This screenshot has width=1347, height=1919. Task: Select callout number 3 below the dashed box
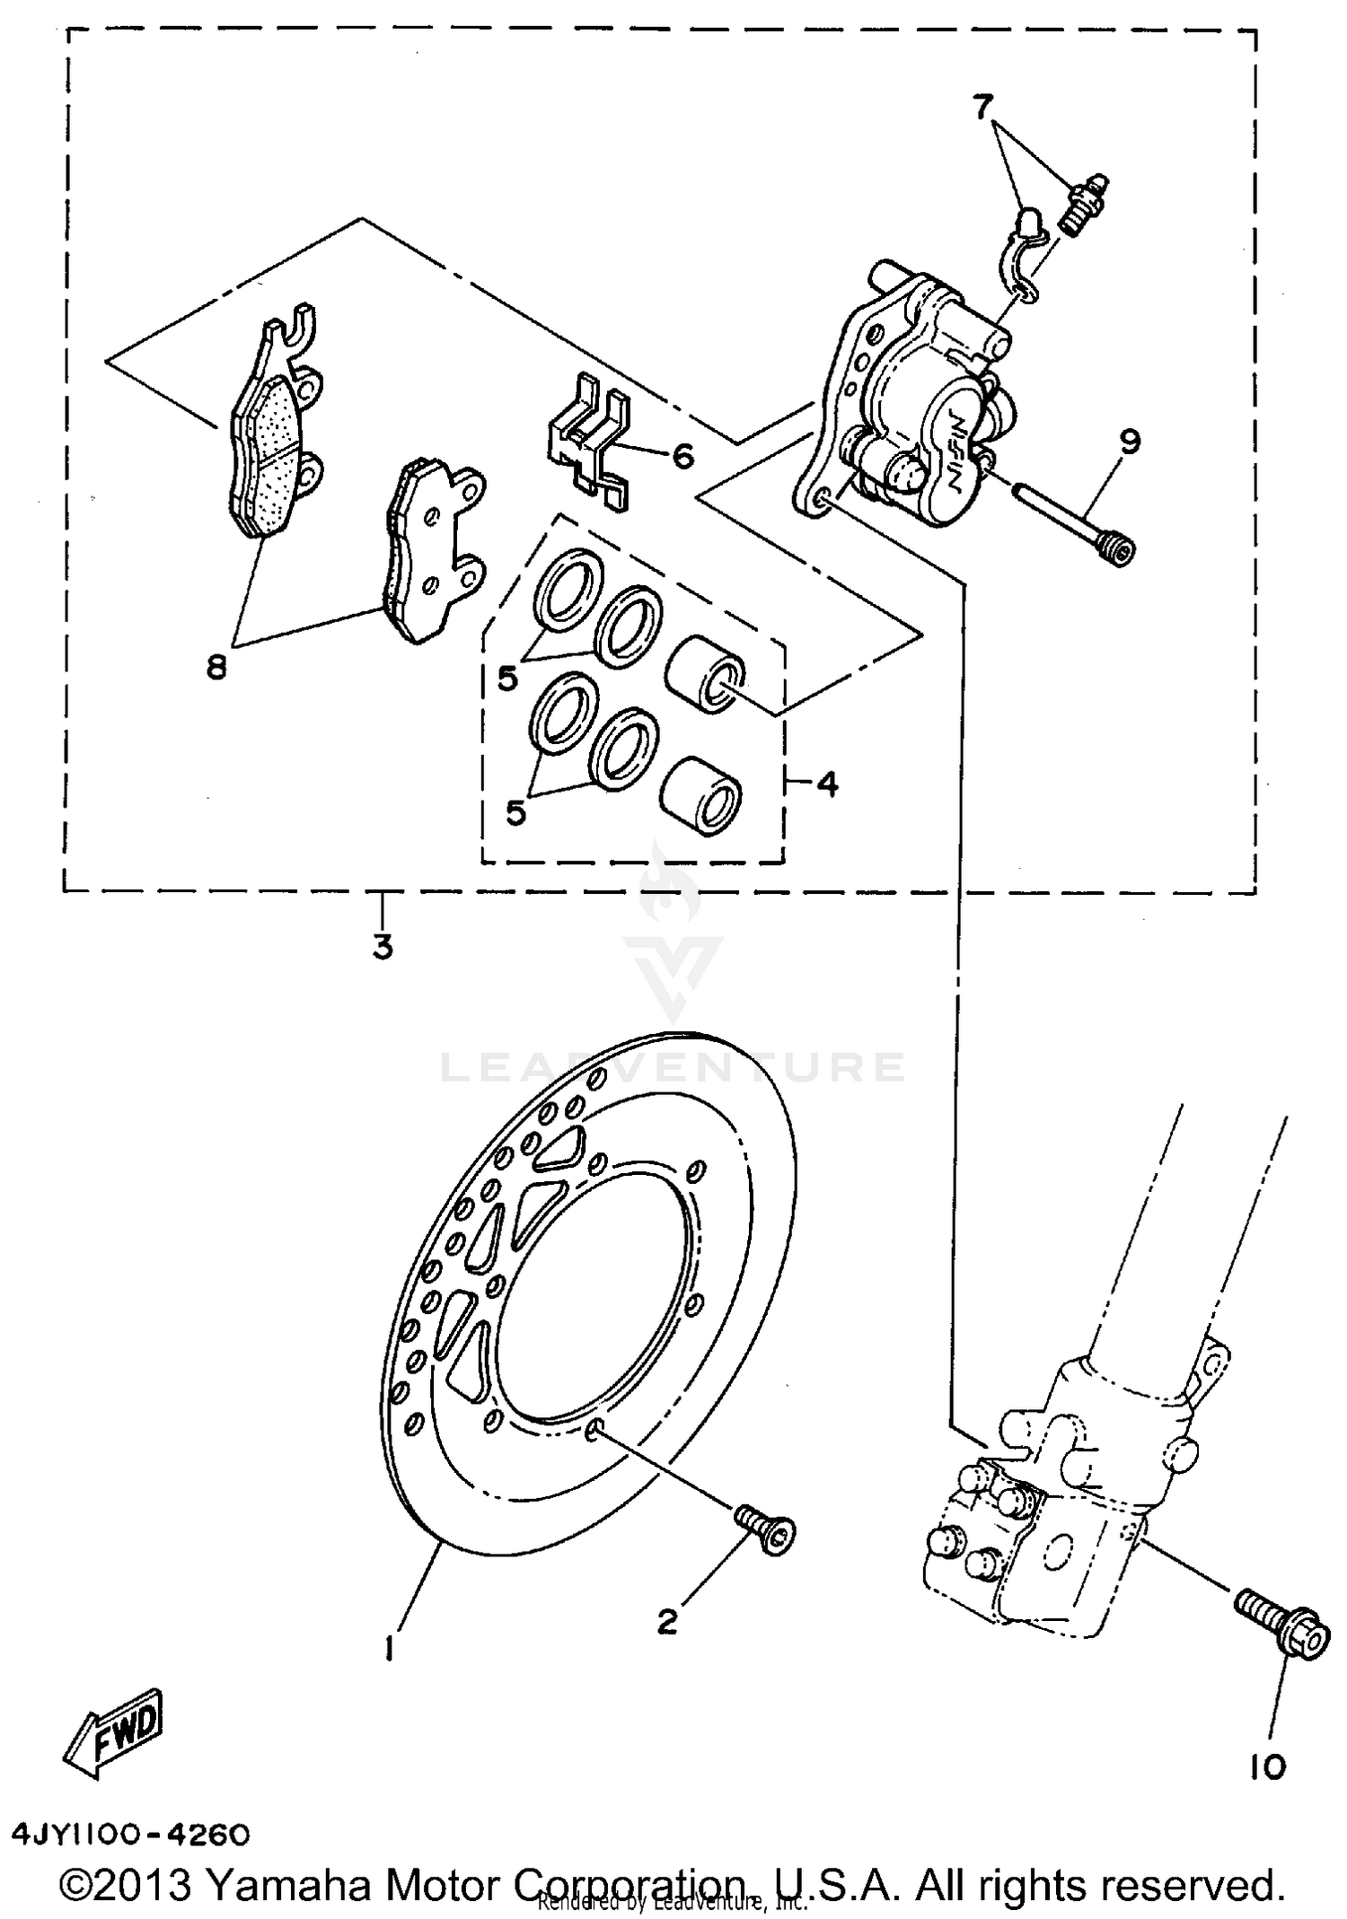[x=383, y=947]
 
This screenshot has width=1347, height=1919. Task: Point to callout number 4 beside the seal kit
[x=827, y=784]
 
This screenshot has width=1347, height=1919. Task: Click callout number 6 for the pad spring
[x=682, y=457]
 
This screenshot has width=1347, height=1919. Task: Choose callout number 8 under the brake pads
[x=216, y=667]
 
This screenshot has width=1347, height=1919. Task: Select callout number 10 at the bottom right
[x=1267, y=1767]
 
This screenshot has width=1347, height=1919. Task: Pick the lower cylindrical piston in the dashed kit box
[x=701, y=791]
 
